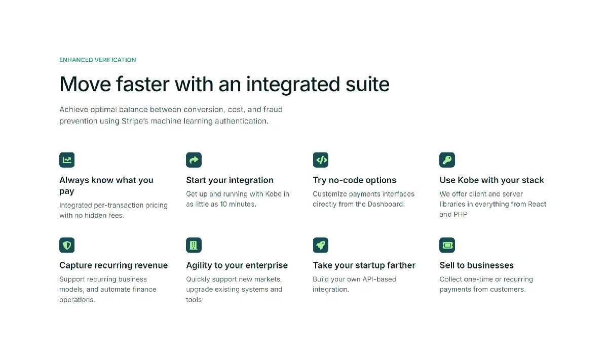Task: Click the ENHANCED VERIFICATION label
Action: (97, 60)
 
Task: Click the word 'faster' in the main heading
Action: (143, 84)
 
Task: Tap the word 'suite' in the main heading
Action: (367, 84)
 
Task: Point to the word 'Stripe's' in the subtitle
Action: (135, 121)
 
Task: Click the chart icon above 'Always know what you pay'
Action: (67, 160)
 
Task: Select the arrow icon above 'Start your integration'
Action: (194, 160)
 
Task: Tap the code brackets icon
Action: (321, 160)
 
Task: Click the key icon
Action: (447, 160)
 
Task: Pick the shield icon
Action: (67, 245)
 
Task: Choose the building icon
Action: (194, 245)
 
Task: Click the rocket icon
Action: (321, 245)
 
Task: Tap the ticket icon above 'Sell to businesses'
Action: (447, 245)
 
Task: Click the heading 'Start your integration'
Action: (230, 180)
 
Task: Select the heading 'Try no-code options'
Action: (355, 180)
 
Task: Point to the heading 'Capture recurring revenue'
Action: (113, 265)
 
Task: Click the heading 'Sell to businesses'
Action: (477, 265)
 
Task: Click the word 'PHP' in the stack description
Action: (461, 214)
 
